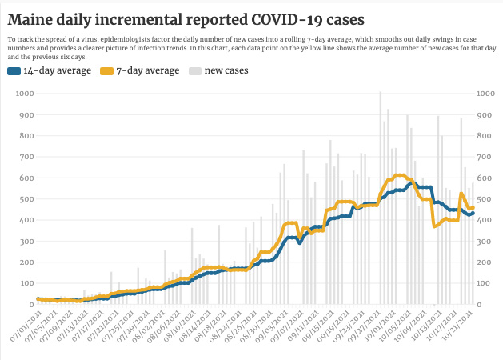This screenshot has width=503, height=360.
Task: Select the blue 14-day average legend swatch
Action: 14,71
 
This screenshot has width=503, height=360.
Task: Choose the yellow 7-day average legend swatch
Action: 106,71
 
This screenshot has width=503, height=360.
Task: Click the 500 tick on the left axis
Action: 26,199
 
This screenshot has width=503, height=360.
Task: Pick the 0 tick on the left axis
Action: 31,305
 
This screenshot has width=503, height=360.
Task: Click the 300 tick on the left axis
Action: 26,242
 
